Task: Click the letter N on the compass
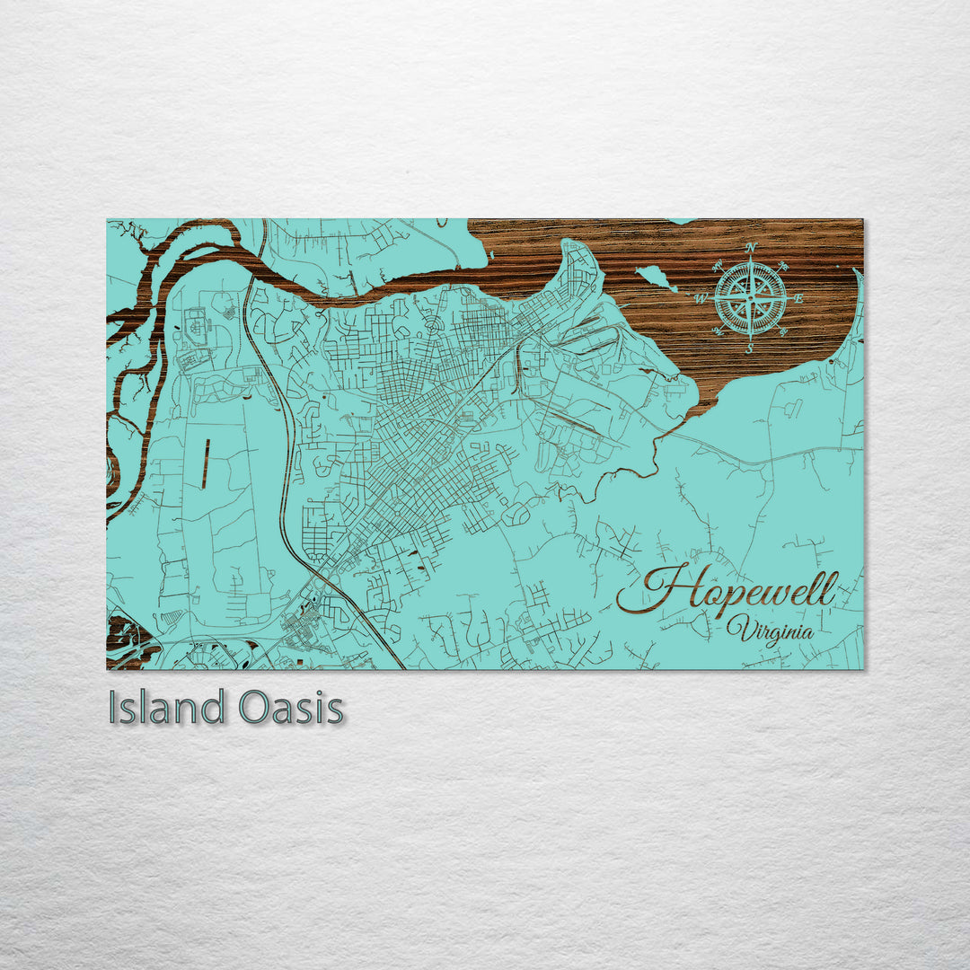click(752, 247)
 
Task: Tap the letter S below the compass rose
click(750, 349)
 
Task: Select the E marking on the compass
click(799, 299)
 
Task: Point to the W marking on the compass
click(702, 297)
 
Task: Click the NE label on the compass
click(783, 266)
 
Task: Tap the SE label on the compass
click(783, 332)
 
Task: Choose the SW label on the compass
click(719, 331)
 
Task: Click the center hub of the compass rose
click(751, 298)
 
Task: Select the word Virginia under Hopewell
click(771, 630)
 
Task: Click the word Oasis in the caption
click(291, 708)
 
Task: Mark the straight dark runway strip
click(206, 463)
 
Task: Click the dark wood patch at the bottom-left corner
click(126, 639)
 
